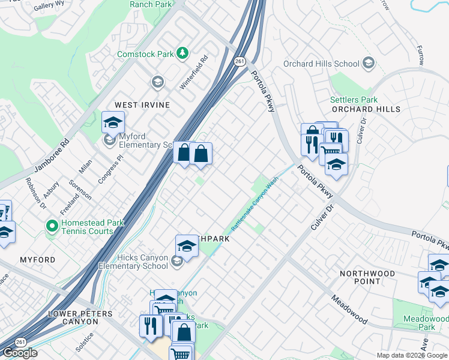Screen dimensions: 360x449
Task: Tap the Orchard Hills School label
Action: point(321,64)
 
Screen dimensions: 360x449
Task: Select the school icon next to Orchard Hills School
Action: point(368,63)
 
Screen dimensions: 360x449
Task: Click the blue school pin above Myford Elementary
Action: point(113,122)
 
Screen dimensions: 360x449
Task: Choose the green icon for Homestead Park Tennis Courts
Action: point(52,227)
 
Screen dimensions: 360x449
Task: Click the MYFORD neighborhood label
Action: point(37,260)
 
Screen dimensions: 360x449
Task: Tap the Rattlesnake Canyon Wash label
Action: point(256,206)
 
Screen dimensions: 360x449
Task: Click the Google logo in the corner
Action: point(20,353)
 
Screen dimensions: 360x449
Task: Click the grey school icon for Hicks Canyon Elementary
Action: point(176,261)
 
